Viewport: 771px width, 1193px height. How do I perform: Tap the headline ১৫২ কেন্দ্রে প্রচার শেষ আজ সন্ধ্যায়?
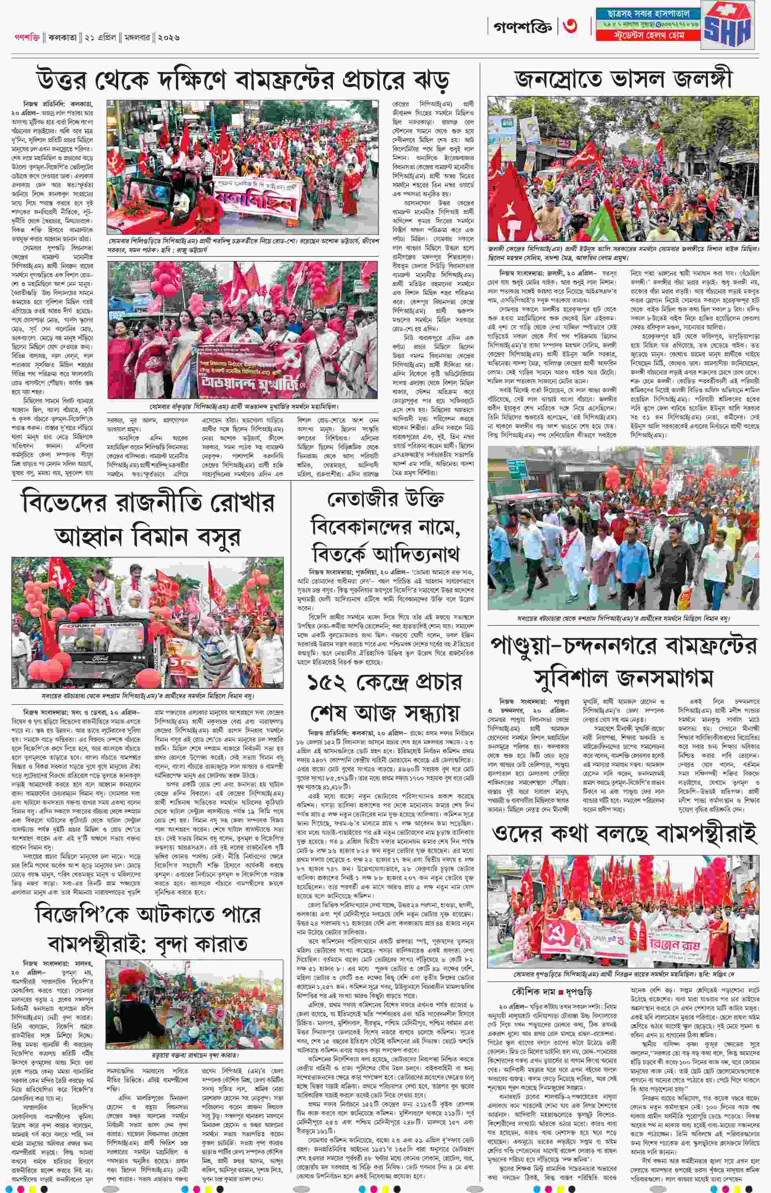coord(385,698)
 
